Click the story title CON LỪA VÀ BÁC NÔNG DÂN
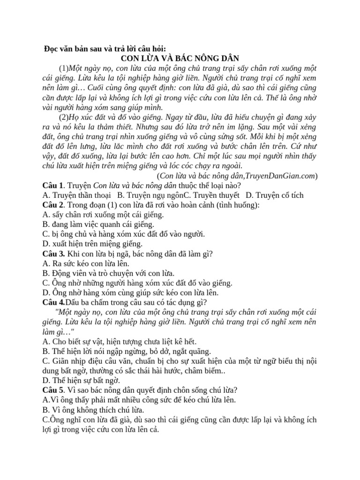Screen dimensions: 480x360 coord(180,58)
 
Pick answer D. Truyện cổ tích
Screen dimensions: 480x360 coord(275,195)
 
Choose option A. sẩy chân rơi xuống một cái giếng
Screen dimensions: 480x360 coord(103,215)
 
